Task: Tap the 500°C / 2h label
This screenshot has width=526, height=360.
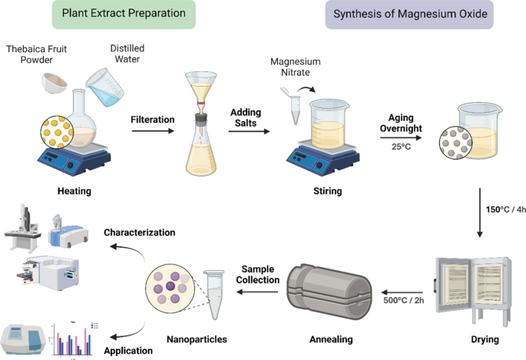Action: pos(405,300)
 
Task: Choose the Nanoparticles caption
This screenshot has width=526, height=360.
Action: pos(196,339)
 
